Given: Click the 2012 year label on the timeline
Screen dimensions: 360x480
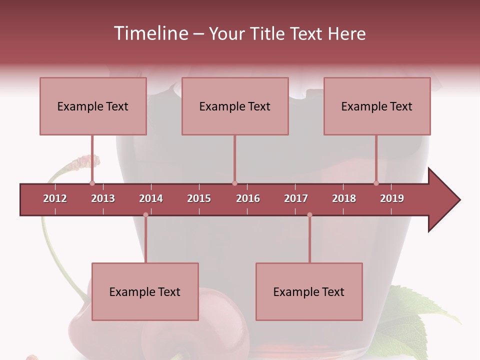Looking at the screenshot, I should tap(55, 198).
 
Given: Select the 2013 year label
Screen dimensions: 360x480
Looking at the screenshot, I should tap(103, 198).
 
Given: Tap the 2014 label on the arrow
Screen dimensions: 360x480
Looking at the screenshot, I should tap(151, 198).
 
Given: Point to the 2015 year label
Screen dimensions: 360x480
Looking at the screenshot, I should tap(199, 198).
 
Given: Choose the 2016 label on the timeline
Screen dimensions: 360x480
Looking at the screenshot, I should tap(248, 198).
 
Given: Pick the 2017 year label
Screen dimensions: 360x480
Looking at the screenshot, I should tap(296, 198).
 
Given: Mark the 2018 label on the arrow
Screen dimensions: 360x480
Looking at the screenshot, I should tap(344, 198).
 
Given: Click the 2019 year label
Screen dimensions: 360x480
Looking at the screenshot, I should tap(392, 198).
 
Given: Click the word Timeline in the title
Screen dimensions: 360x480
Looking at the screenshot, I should tap(150, 33).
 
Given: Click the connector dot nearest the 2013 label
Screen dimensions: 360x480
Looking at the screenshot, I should tap(92, 183).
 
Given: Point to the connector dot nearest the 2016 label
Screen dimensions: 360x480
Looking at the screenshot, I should tap(234, 183).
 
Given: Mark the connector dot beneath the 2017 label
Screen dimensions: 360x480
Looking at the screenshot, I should tap(309, 215).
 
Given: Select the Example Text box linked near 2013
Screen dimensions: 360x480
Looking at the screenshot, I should tap(93, 106).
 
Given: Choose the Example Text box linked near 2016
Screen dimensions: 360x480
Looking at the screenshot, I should tap(235, 106).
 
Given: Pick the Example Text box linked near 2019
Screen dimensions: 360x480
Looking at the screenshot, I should tap(377, 106).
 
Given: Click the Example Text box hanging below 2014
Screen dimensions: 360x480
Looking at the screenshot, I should tap(145, 291).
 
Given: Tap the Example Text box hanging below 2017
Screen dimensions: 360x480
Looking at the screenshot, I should tap(309, 291).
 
